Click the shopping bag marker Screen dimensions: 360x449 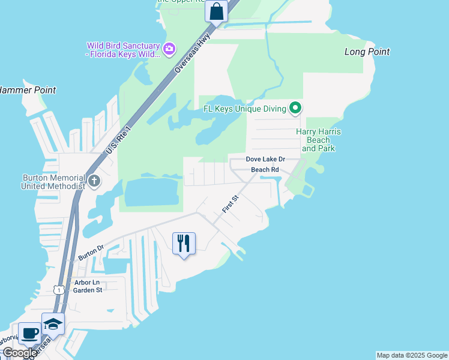point(216,11)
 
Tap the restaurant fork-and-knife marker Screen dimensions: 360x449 point(184,243)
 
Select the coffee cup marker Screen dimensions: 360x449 point(29,333)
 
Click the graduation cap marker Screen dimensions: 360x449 point(53,324)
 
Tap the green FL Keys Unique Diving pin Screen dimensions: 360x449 point(295,109)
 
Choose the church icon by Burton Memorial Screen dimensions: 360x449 point(94,181)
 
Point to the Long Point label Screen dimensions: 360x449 point(367,52)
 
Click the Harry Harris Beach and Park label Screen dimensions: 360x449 point(318,140)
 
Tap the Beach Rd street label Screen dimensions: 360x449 point(265,170)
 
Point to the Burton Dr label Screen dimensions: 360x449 point(91,252)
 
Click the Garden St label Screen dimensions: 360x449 point(88,290)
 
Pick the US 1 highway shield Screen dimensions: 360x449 point(58,290)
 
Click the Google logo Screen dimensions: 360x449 point(19,353)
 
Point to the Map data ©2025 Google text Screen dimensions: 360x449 point(412,355)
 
